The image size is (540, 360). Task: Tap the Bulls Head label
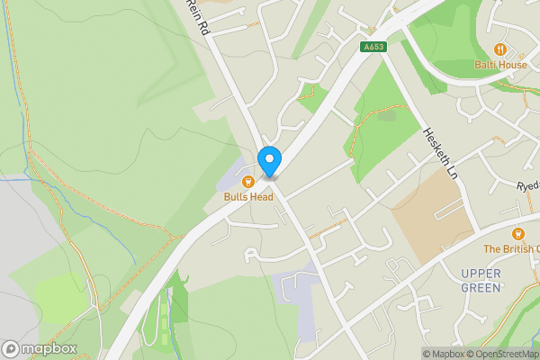[x=248, y=197]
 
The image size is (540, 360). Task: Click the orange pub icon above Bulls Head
[x=248, y=182]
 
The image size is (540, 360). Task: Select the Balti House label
[x=500, y=64]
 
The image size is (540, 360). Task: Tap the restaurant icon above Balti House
[x=500, y=49]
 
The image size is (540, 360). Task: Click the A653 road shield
[x=374, y=47]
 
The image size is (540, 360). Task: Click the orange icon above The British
[x=518, y=234]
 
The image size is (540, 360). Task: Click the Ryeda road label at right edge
[x=527, y=184]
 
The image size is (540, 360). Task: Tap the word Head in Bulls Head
[x=261, y=197]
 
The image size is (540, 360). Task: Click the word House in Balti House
[x=513, y=64]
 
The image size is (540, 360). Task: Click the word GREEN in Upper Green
[x=480, y=287]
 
